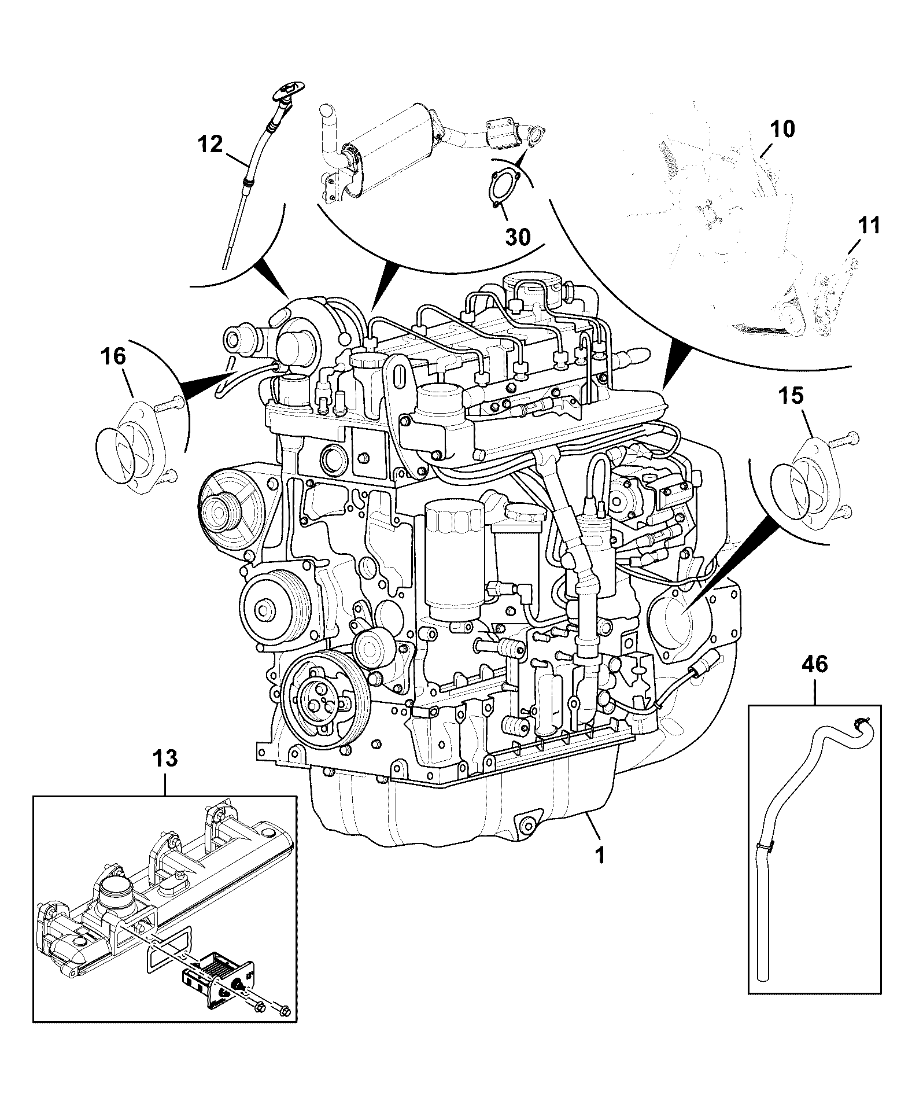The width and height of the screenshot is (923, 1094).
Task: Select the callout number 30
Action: pyautogui.click(x=517, y=236)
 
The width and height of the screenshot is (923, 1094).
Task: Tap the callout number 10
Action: pyautogui.click(x=782, y=129)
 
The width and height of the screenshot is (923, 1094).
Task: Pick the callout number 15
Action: pyautogui.click(x=791, y=396)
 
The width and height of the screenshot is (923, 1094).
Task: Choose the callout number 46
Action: pyautogui.click(x=814, y=664)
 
